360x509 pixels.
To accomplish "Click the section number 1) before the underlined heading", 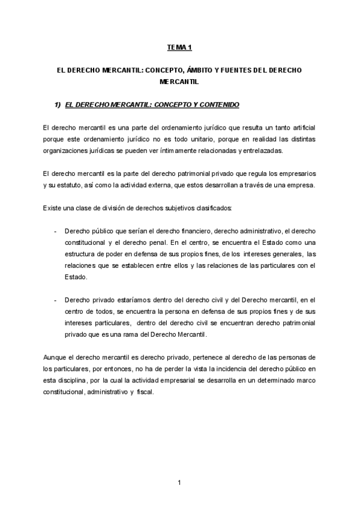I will click(58, 105).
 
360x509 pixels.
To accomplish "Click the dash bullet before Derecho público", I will click(55, 230).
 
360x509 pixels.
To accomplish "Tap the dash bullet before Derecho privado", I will click(55, 300).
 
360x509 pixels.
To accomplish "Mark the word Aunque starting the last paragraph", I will click(55, 357).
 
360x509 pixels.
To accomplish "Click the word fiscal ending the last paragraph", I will click(146, 391).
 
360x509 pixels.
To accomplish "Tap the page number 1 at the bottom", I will click(179, 482).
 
